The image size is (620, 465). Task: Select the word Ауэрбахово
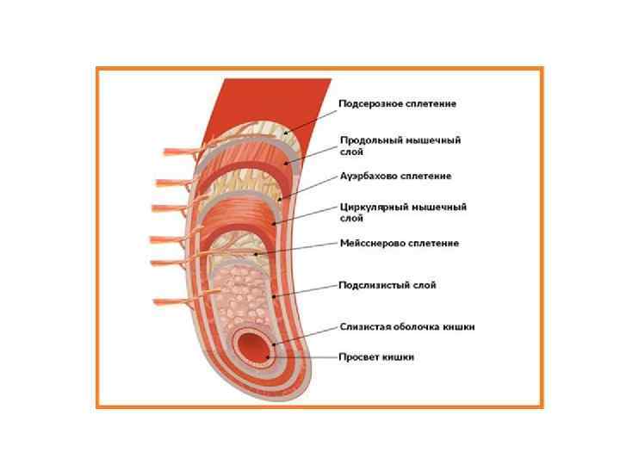point(371,176)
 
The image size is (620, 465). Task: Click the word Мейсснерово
point(373,244)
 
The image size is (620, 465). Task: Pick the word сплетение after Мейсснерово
point(433,244)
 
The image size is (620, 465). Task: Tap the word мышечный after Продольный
point(433,139)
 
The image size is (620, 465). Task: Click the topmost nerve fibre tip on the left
point(166,152)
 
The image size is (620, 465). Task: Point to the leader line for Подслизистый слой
point(306,290)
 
